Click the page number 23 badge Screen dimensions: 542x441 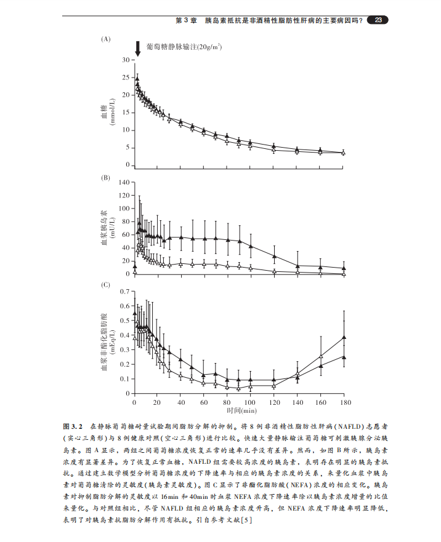pos(378,20)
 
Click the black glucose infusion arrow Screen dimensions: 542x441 pos(137,48)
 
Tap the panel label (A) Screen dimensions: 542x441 pos(105,39)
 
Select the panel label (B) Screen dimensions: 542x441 pos(105,178)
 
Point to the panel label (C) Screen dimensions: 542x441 pos(105,285)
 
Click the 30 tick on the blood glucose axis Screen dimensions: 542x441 pos(126,60)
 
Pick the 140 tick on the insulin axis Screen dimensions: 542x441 pos(125,182)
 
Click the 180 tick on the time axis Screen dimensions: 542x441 pos(344,402)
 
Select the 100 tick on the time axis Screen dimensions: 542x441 pos(251,402)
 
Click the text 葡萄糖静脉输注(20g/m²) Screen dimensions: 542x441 pos(184,47)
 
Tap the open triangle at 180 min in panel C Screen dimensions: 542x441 pos(344,337)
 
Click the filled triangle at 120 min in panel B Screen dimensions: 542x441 pos(274,256)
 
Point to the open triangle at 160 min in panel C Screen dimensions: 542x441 pos(320,356)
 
